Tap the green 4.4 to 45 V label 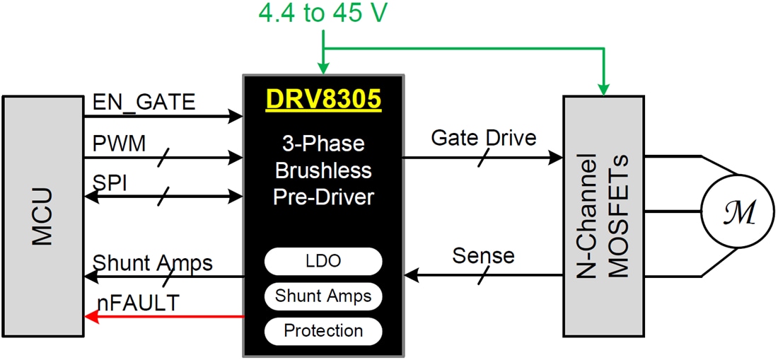(323, 13)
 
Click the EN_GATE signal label (144, 103)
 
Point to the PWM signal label (120, 144)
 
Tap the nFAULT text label (138, 303)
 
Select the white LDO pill (323, 260)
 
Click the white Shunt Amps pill (323, 295)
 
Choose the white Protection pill (323, 330)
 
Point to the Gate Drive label (484, 138)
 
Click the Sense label (484, 254)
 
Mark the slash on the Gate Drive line (483, 159)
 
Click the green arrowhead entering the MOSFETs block (603, 88)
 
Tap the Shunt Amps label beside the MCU (152, 262)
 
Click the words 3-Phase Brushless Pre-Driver (323, 170)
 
